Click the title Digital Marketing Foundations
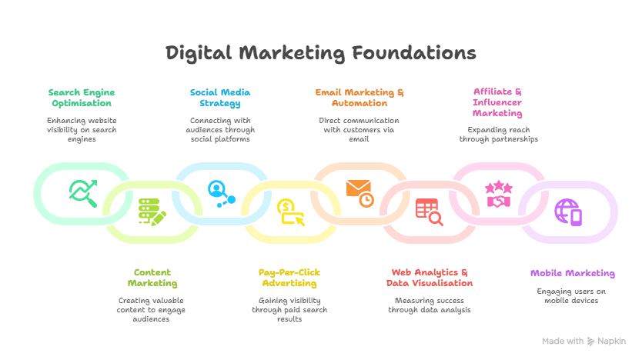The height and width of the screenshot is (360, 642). click(x=321, y=53)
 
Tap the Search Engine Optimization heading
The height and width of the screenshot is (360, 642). click(x=81, y=98)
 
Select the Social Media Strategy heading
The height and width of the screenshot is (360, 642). click(x=220, y=98)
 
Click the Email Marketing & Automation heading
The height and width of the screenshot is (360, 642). click(x=359, y=98)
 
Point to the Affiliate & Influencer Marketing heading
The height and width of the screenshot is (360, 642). click(x=497, y=102)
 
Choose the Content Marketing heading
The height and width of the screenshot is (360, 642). click(x=152, y=278)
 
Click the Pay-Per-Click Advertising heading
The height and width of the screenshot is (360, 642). click(x=289, y=278)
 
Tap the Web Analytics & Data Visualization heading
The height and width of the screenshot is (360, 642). click(x=429, y=278)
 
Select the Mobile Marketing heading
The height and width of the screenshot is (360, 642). click(x=572, y=273)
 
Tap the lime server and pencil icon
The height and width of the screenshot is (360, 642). click(x=152, y=212)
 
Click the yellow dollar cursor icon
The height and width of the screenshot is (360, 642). click(x=290, y=212)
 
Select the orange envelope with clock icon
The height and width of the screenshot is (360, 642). click(x=359, y=192)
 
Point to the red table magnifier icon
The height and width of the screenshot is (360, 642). click(x=429, y=212)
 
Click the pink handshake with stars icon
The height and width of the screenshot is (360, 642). click(x=498, y=194)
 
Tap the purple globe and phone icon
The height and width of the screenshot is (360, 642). click(x=568, y=212)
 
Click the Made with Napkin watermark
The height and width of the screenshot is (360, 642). click(x=584, y=341)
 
